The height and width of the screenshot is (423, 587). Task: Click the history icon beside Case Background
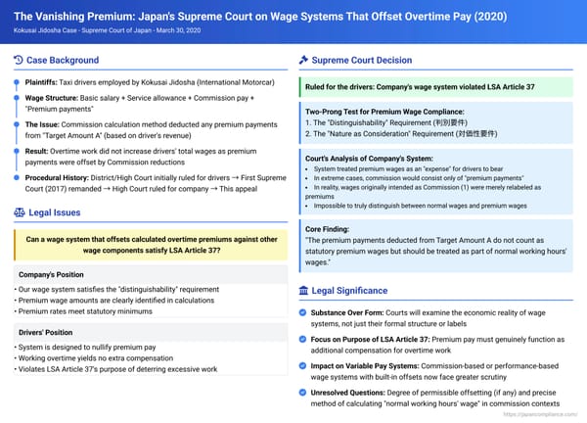[20, 61]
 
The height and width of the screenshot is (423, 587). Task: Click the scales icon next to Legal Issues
[20, 211]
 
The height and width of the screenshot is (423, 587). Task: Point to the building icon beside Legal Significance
[303, 291]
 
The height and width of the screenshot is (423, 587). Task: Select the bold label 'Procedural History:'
[58, 177]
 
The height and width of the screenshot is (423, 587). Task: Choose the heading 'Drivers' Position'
[46, 332]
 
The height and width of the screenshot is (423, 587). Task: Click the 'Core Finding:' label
[331, 227]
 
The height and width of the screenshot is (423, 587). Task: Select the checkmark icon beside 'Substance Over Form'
[303, 312]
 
